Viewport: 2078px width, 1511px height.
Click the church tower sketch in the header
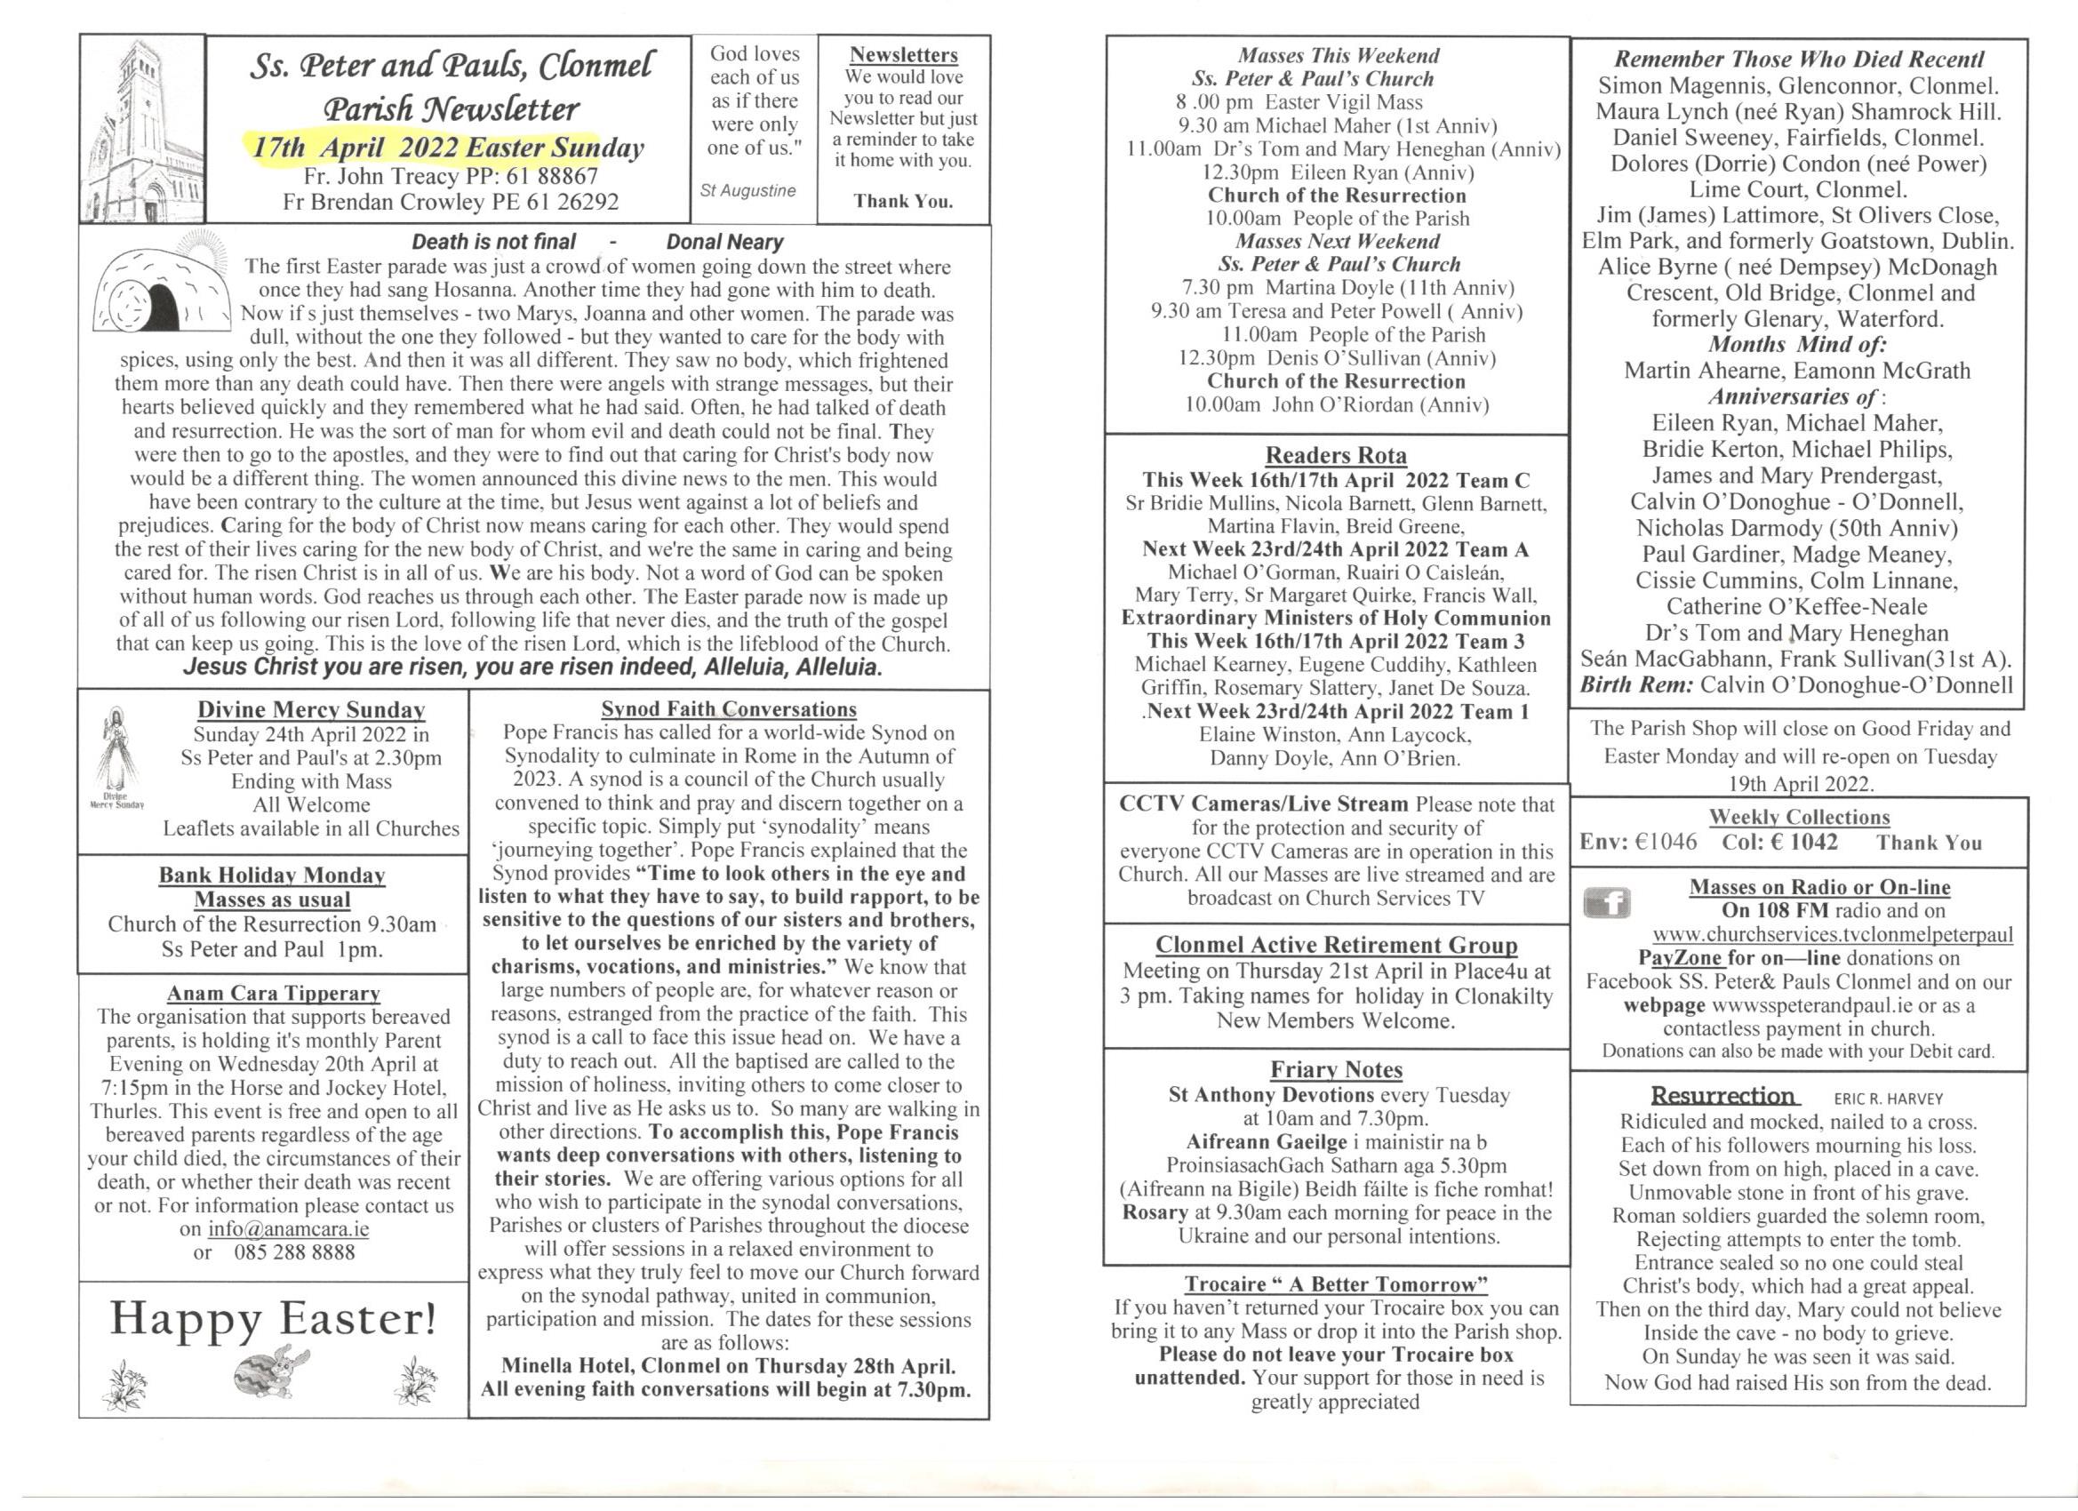click(x=143, y=130)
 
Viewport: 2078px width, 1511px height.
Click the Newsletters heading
click(x=903, y=55)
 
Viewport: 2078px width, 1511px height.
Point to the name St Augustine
click(x=747, y=190)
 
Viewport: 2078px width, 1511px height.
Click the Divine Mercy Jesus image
click(x=116, y=751)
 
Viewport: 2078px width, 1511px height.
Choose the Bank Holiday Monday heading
click(x=272, y=875)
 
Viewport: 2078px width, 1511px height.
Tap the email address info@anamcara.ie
click(x=288, y=1228)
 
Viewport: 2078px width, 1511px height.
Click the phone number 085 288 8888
click(x=294, y=1252)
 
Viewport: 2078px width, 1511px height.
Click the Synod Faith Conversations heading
click(x=729, y=709)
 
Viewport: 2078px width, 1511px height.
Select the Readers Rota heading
click(x=1335, y=455)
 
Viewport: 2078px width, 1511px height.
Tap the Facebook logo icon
click(x=1606, y=905)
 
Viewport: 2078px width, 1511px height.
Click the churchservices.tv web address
click(x=1833, y=935)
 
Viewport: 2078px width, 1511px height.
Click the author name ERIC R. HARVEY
click(x=1888, y=1099)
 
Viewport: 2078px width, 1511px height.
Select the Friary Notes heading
click(x=1336, y=1069)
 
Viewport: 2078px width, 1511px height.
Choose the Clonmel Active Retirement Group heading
click(x=1336, y=945)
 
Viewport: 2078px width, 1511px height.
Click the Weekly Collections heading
click(x=1799, y=817)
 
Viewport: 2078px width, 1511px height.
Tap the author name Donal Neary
click(x=723, y=242)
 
